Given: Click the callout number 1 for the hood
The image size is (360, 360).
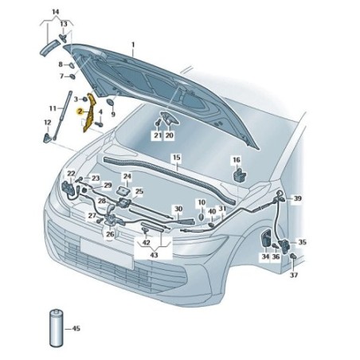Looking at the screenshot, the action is [x=133, y=45].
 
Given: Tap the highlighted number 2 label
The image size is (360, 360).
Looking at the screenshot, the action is [x=80, y=112].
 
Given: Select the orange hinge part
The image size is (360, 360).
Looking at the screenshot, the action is [x=89, y=112].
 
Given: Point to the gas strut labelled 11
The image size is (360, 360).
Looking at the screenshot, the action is [x=62, y=115].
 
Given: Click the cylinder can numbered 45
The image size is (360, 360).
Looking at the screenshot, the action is [x=57, y=328].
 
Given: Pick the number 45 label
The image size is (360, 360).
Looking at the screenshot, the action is [x=76, y=329].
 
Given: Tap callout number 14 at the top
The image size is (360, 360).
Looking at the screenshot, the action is [x=56, y=12].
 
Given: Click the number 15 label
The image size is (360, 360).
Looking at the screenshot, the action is [x=177, y=158].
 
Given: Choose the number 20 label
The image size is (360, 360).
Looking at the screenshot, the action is [x=169, y=135].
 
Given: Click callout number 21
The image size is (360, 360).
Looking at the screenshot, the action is [x=158, y=135].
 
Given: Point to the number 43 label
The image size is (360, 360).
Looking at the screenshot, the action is [x=154, y=255].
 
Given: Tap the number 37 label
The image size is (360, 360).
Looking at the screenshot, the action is [x=294, y=275].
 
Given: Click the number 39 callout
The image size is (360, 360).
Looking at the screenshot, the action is [x=297, y=198].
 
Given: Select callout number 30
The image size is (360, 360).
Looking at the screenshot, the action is [x=178, y=209].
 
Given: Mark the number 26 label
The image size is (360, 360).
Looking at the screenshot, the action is [x=110, y=234].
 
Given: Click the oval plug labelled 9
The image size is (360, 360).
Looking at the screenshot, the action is [x=110, y=102].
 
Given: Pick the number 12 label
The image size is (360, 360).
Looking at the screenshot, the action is [x=47, y=123].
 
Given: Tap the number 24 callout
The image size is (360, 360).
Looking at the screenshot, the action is [x=127, y=176].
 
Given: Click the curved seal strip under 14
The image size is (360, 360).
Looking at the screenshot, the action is [x=49, y=48].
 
